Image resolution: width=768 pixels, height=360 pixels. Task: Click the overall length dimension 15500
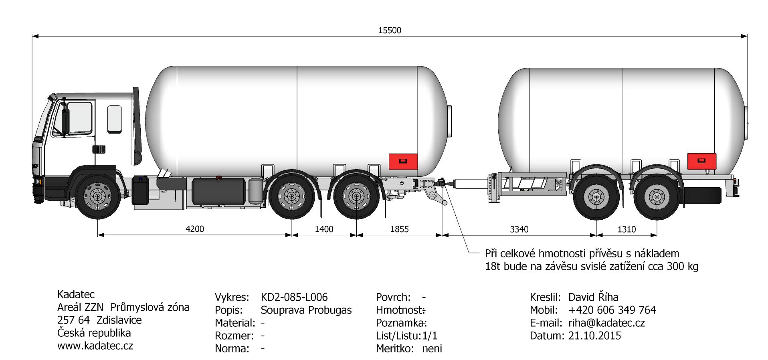(390, 30)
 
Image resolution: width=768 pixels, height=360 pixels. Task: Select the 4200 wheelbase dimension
(195, 229)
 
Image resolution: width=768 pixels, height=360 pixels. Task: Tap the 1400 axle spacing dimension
(324, 229)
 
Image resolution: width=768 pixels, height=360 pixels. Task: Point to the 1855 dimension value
(399, 229)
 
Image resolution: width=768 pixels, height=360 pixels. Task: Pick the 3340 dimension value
(519, 229)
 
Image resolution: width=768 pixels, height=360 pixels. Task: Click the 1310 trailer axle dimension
(627, 229)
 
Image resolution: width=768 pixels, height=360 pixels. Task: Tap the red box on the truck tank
(403, 162)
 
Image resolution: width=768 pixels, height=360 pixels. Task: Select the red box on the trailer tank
(702, 161)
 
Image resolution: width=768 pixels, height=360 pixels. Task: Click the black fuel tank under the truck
(219, 191)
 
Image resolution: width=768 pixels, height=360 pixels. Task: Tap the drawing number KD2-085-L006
(294, 297)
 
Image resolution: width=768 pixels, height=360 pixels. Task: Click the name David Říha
(593, 297)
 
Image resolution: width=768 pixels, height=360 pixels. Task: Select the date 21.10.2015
(594, 336)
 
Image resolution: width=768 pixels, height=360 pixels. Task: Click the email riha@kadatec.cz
(606, 323)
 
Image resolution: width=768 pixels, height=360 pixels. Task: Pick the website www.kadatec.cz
(95, 346)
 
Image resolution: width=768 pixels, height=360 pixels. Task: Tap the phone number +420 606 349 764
(612, 310)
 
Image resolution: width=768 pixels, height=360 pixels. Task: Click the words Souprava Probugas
(306, 310)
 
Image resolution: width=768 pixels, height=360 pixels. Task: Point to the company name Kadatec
(76, 294)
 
